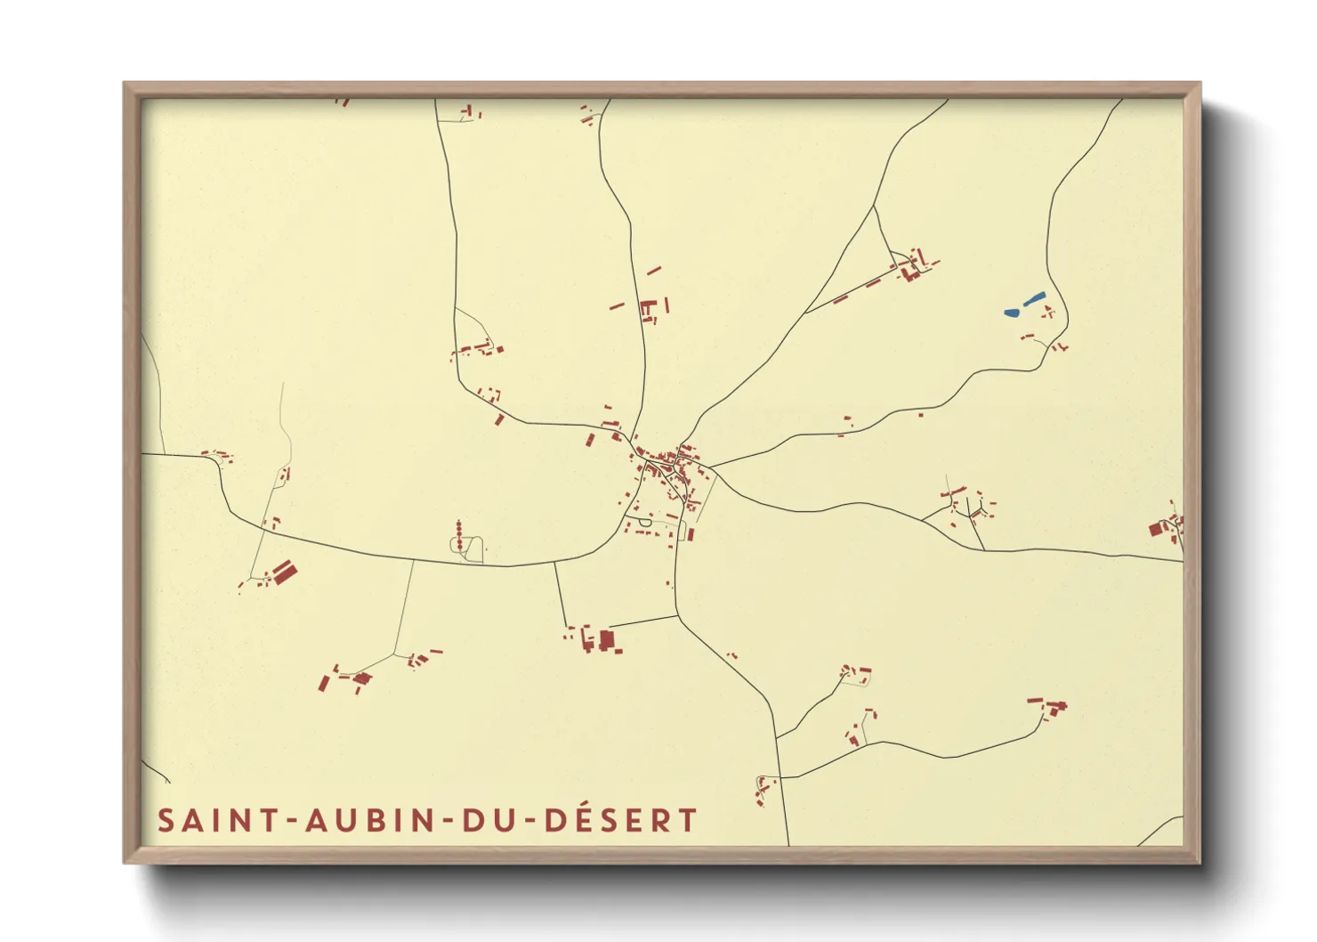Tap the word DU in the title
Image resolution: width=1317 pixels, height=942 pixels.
tap(488, 821)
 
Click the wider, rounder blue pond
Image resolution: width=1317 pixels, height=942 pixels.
tap(1012, 313)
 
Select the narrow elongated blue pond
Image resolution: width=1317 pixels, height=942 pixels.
tap(1034, 299)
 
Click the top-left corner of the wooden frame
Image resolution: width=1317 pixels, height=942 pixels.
tap(125, 84)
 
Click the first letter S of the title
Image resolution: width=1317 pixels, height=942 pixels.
tap(166, 821)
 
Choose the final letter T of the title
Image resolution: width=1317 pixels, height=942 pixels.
tap(687, 821)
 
